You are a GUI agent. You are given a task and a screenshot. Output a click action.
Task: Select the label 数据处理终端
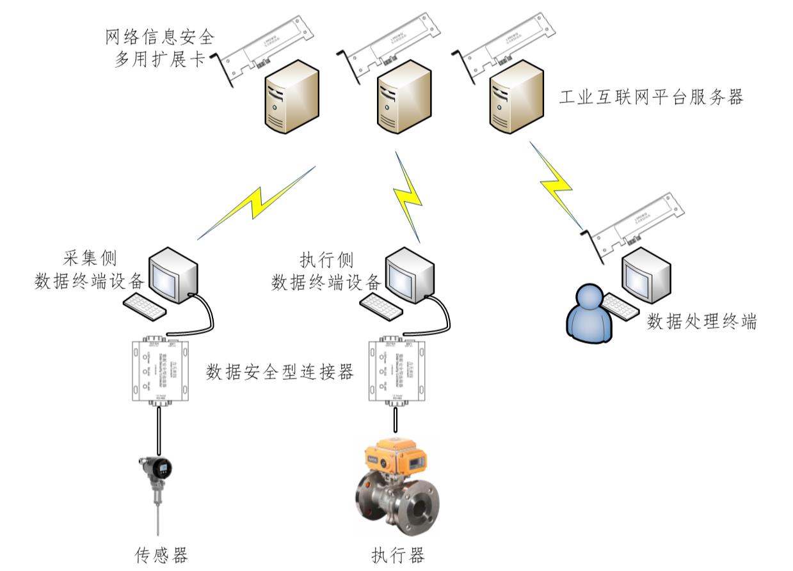(702, 322)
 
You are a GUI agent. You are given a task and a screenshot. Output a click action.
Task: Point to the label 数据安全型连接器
(280, 373)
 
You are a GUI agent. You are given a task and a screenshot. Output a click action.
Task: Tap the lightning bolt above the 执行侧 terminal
(408, 195)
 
